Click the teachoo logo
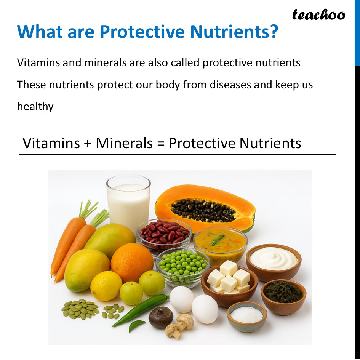tap(318, 15)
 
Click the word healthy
tap(35, 106)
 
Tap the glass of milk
tap(128, 202)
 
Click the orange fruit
tap(132, 262)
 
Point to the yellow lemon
tap(106, 286)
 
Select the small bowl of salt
tap(246, 315)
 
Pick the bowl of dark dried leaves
tap(283, 294)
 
